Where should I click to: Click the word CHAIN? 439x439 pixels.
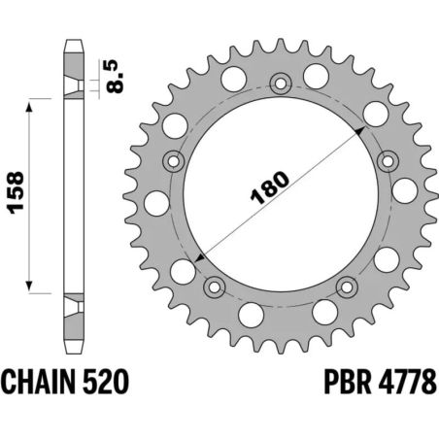coord(38,380)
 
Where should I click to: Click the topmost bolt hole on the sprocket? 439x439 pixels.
coord(282,84)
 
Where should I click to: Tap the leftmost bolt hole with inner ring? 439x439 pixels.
coord(175,161)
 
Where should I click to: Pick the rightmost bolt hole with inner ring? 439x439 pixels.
coord(388,161)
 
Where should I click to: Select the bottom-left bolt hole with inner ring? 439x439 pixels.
coord(216,286)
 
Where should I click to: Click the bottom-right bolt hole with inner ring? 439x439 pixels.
coord(348,286)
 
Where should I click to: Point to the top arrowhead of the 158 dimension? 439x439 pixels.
coord(38,101)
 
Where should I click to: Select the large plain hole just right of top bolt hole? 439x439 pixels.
coord(315,76)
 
